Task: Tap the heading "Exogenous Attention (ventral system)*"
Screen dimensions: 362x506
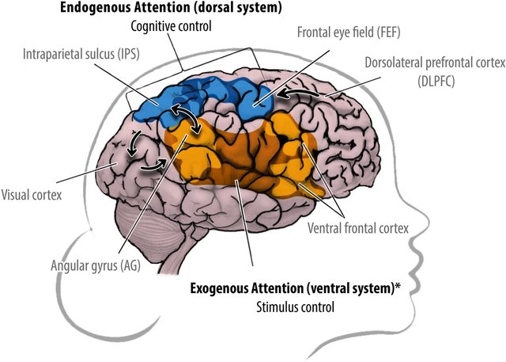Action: (291, 288)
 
